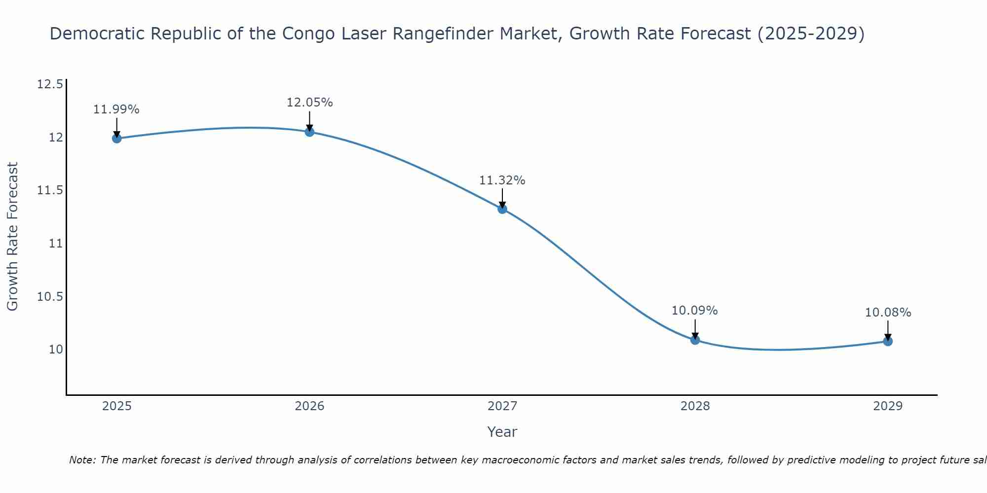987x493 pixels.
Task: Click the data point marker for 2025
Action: [x=117, y=138]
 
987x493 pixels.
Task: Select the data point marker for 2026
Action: [x=309, y=132]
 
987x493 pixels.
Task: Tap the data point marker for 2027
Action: [x=502, y=209]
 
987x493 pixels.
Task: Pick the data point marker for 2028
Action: [x=695, y=340]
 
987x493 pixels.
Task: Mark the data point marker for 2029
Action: [x=888, y=341]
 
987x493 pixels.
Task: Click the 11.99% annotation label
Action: [x=116, y=109]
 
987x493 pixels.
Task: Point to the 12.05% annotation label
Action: [x=309, y=103]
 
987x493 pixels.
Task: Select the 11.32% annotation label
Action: [x=502, y=180]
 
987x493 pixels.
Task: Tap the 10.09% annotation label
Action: [x=695, y=311]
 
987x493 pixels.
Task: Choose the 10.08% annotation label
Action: [x=888, y=313]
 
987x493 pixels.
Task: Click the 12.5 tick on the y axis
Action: [x=50, y=84]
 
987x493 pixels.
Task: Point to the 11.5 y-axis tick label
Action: [x=50, y=190]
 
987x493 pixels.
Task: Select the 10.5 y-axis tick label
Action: [x=50, y=297]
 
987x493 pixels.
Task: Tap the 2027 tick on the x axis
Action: [x=502, y=406]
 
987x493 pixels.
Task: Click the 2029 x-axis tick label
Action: [x=888, y=406]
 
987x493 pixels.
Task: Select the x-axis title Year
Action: [x=502, y=432]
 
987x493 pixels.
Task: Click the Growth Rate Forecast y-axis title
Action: [x=12, y=236]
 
